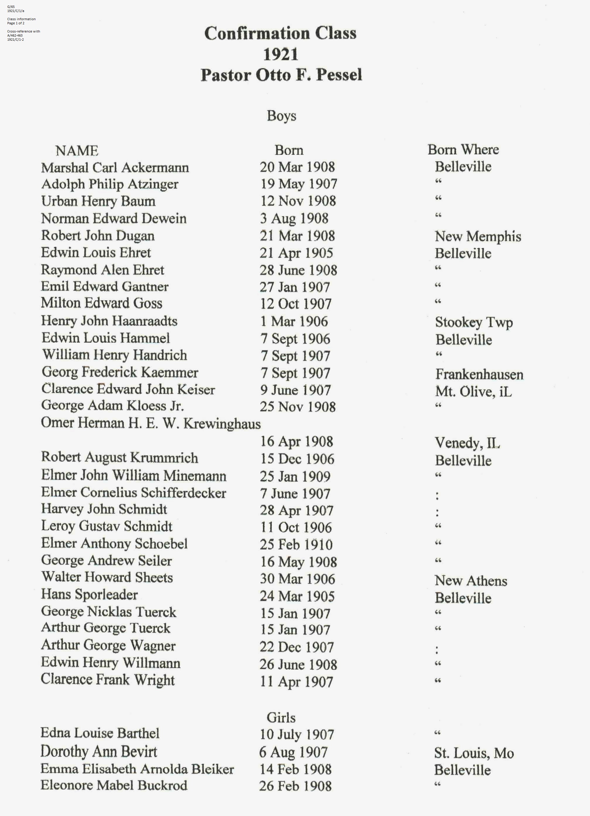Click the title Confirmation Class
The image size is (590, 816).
(x=280, y=33)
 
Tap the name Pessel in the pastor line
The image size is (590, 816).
(x=339, y=75)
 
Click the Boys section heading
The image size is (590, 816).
(x=281, y=116)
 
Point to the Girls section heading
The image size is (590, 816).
(x=281, y=717)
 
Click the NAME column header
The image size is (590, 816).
(x=77, y=150)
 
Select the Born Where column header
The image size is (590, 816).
(x=463, y=150)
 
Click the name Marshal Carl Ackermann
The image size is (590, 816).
(x=115, y=168)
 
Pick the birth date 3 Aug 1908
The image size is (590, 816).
(x=294, y=218)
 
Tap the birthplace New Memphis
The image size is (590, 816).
(x=478, y=236)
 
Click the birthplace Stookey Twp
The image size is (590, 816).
(x=474, y=322)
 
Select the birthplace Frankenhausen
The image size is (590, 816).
(x=479, y=375)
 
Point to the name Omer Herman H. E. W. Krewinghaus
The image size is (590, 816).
(x=151, y=423)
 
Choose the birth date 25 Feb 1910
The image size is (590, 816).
(x=296, y=544)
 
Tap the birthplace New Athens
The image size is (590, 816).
(x=471, y=581)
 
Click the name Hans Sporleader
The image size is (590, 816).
(x=89, y=594)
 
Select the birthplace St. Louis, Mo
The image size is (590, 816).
(x=474, y=753)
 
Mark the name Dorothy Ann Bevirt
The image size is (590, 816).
(x=99, y=752)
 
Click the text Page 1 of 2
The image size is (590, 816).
(x=16, y=23)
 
